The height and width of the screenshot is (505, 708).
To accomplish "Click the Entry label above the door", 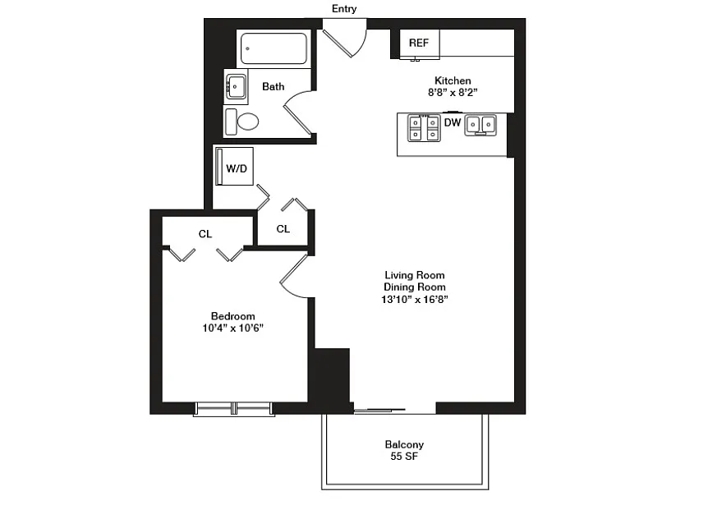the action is click(x=344, y=8).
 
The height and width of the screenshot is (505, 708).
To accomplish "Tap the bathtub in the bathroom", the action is click(x=274, y=48).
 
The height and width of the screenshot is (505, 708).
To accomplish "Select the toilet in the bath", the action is click(x=242, y=122).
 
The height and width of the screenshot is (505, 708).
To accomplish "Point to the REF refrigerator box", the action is click(x=419, y=44).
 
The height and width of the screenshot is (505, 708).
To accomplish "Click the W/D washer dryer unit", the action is click(x=234, y=166).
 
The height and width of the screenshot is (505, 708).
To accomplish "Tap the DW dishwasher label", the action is click(x=453, y=122).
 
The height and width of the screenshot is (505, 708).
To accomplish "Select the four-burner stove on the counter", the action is click(x=424, y=128).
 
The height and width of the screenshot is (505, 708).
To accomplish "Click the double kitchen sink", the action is click(x=480, y=125).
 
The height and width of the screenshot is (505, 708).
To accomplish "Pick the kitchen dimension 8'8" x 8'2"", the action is click(x=453, y=93).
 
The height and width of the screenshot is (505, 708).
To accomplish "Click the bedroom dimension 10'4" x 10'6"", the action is click(x=233, y=328).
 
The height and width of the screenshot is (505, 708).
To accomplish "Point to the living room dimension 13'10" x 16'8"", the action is click(x=415, y=299).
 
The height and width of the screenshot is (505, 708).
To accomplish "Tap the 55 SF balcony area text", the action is click(x=404, y=457).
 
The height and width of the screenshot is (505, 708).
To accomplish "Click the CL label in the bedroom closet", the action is click(x=205, y=234).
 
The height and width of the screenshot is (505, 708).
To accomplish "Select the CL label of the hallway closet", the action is click(x=283, y=229).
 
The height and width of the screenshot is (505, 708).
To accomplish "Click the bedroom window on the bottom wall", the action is click(x=234, y=409).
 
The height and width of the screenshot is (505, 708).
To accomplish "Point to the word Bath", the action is click(x=274, y=86).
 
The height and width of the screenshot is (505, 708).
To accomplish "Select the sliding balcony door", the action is click(x=379, y=411).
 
